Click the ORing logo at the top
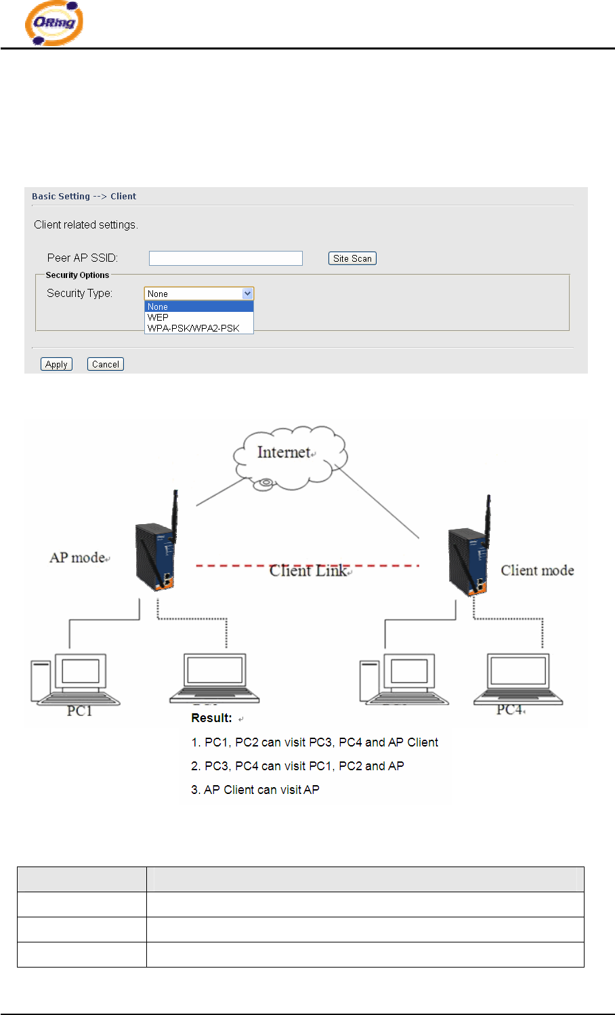point(54,24)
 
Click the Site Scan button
point(352,258)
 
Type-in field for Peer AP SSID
point(226,258)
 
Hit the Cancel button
point(106,364)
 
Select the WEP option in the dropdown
point(158,317)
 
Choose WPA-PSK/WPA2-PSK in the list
point(194,328)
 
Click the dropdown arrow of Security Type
point(248,294)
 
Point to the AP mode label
point(78,557)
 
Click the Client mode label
point(537,570)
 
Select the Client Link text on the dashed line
point(308,570)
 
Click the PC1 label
point(79,711)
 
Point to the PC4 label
point(510,709)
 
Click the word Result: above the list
point(211,718)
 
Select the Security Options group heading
point(77,275)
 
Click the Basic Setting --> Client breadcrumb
point(84,197)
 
